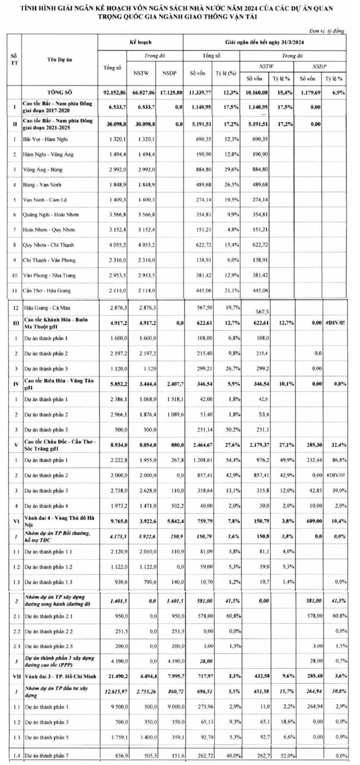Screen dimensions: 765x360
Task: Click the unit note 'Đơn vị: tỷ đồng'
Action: (x=326, y=31)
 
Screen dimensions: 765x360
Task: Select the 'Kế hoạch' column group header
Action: (x=140, y=42)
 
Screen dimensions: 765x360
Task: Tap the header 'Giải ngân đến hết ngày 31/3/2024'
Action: (x=264, y=42)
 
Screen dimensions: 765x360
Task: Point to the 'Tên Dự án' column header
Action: (x=59, y=59)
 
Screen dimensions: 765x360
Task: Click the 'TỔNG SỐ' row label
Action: (x=59, y=93)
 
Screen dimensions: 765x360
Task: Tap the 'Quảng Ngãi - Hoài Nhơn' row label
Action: (x=51, y=215)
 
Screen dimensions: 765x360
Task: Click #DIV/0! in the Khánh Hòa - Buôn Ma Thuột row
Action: (x=335, y=323)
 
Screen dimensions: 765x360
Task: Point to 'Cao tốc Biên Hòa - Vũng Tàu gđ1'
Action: (x=59, y=384)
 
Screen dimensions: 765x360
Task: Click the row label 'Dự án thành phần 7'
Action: (x=47, y=756)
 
